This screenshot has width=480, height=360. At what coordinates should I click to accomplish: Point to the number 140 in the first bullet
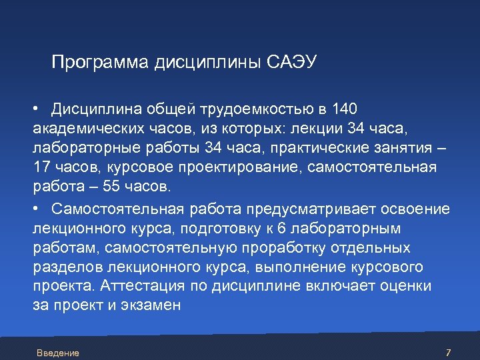coord(345,109)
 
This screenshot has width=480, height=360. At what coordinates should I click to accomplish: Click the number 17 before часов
coord(41,165)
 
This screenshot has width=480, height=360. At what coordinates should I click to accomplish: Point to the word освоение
coord(415,209)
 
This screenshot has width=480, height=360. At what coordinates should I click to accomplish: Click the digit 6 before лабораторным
coord(281,229)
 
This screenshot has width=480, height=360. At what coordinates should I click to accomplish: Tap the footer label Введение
coord(58,353)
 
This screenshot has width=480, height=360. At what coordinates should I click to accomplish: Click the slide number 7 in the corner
coord(448,353)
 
